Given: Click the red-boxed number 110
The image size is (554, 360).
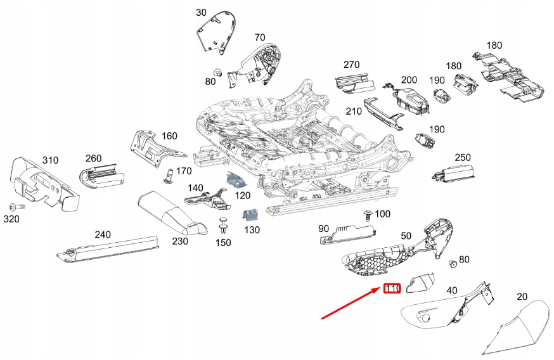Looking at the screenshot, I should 392,289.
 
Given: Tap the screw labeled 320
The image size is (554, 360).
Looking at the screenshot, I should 14,207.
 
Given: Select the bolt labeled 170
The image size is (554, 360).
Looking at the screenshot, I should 169,176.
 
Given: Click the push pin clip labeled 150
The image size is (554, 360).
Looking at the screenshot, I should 223,226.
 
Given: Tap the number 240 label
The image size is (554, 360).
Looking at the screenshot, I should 103,235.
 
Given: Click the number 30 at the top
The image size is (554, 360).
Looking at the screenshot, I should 201,13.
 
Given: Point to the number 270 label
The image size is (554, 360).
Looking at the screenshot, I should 351,65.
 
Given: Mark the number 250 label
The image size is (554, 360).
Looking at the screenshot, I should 463,157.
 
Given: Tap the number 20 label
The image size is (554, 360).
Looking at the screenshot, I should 522,297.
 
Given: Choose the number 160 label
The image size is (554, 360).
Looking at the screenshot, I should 169,136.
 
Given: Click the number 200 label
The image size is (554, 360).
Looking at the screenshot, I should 409,80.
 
